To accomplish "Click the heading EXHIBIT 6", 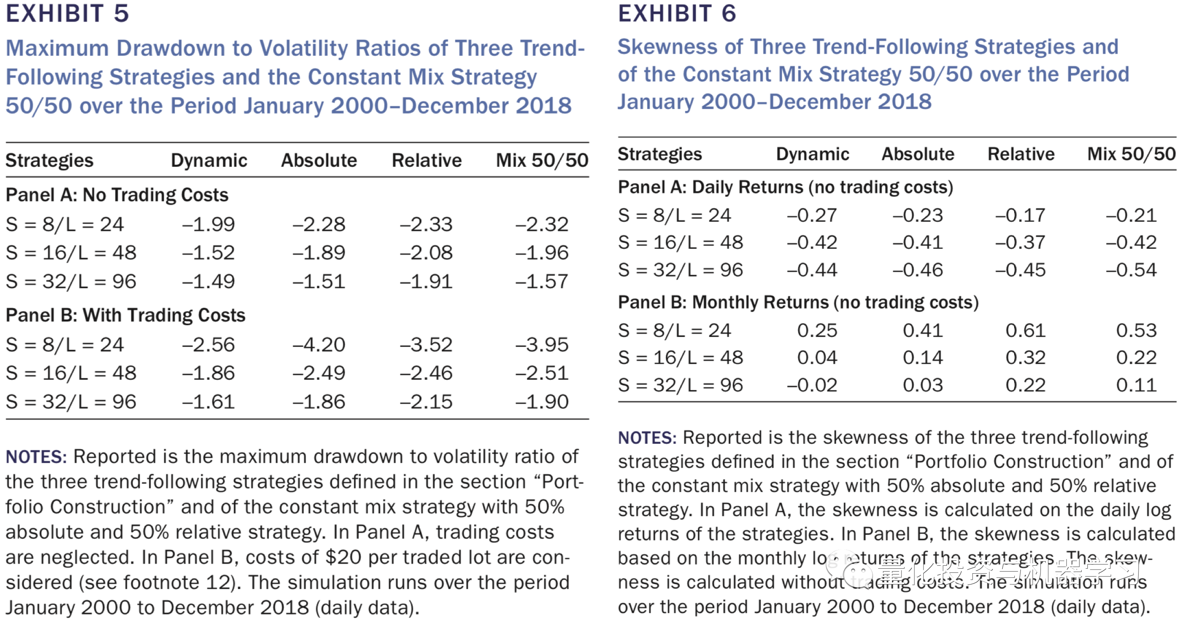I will point(677,13).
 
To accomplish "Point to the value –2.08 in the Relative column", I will point(426,253).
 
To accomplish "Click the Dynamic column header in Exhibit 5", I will point(209,161).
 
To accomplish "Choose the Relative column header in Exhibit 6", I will point(1020,154).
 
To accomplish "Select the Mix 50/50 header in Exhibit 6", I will point(1131,154).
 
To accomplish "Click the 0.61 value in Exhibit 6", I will point(1025,331).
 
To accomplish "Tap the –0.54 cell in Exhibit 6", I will point(1131,270).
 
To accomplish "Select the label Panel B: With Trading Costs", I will point(125,315).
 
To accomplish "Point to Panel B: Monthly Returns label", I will point(798,302).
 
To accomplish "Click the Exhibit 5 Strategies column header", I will point(49,161).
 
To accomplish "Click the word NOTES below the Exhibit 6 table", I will point(647,438).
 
